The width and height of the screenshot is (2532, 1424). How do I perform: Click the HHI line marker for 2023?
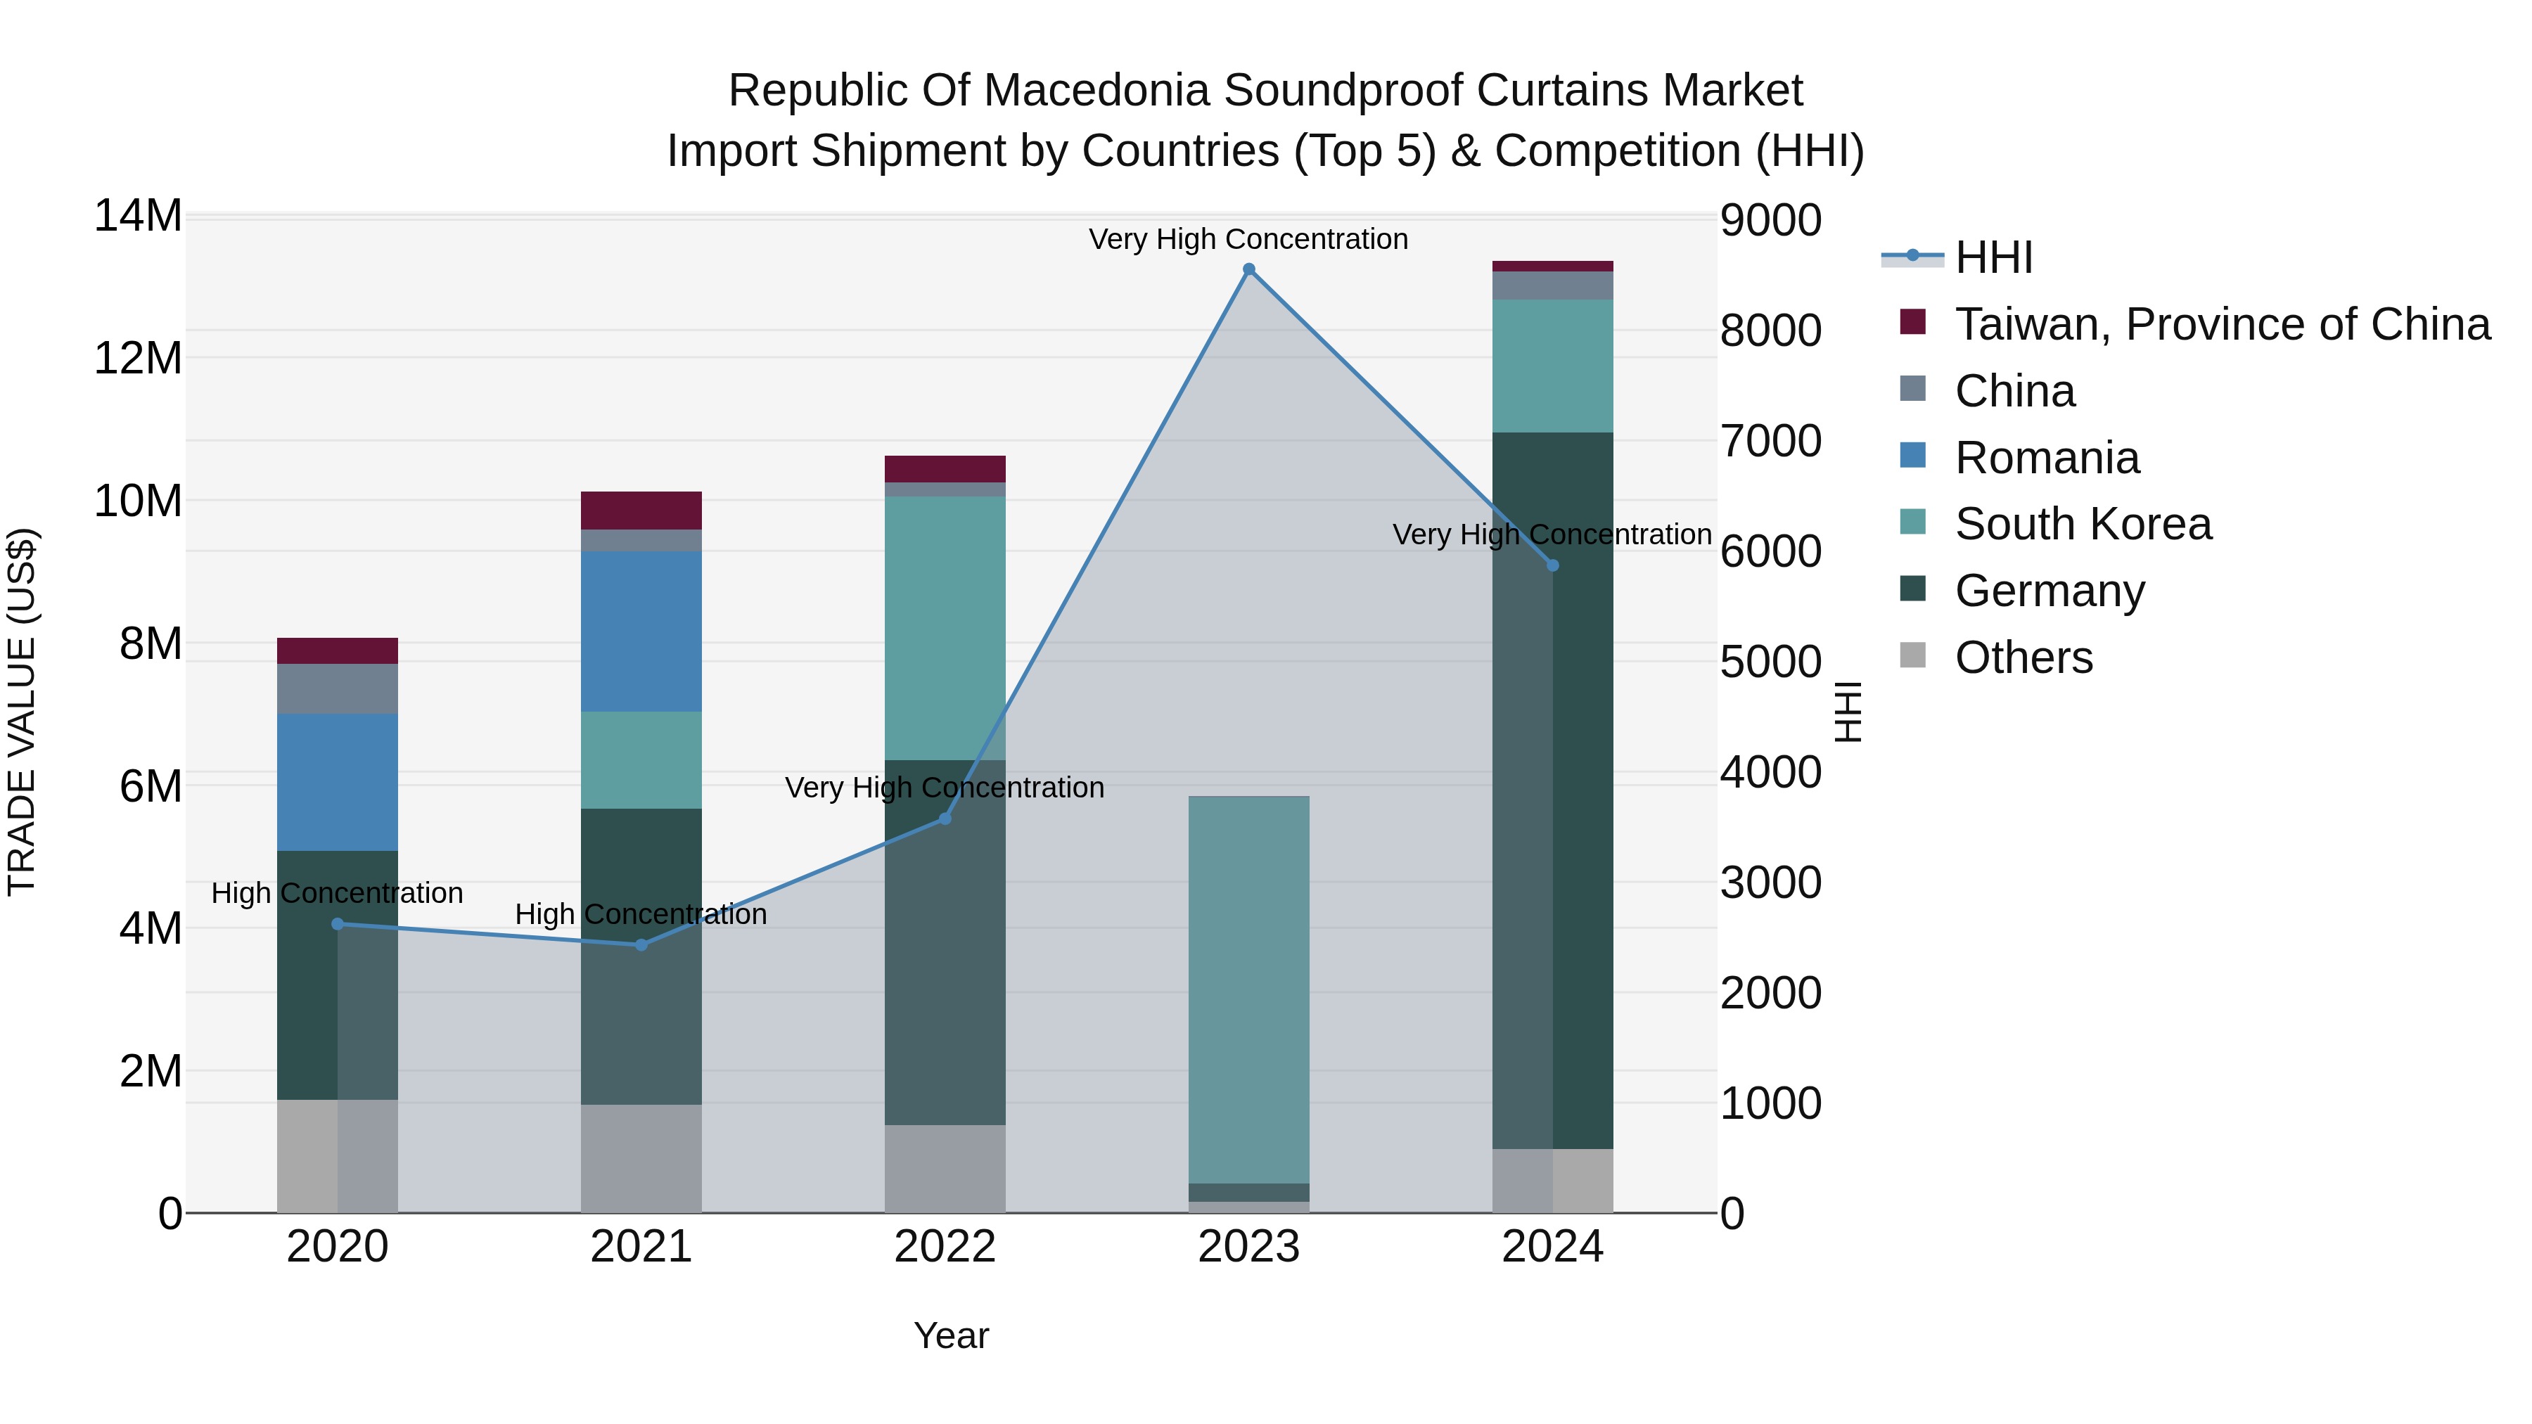point(1248,269)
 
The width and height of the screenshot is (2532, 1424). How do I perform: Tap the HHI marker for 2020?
point(337,924)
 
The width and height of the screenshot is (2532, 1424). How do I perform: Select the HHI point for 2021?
point(641,945)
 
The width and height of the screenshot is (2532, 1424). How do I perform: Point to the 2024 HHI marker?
point(1553,565)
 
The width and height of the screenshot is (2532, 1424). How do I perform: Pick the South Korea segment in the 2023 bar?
point(1248,989)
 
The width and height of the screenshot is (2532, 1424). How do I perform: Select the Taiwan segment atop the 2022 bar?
point(945,469)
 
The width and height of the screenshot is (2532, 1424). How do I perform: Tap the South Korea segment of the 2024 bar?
point(1553,366)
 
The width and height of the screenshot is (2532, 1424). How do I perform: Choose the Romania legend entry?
point(2047,458)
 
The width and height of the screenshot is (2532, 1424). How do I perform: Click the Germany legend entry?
point(2050,591)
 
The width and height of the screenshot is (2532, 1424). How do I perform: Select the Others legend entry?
point(2023,658)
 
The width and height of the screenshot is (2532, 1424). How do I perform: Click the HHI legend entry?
point(1993,257)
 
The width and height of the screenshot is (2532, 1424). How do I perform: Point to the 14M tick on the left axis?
point(138,216)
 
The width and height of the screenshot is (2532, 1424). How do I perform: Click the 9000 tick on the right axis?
point(1770,220)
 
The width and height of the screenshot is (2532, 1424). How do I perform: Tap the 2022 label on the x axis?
point(945,1247)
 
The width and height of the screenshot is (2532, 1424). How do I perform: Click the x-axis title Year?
point(950,1335)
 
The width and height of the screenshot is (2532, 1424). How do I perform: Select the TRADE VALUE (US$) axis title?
point(22,712)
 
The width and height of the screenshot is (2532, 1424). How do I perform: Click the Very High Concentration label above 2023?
point(1248,239)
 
